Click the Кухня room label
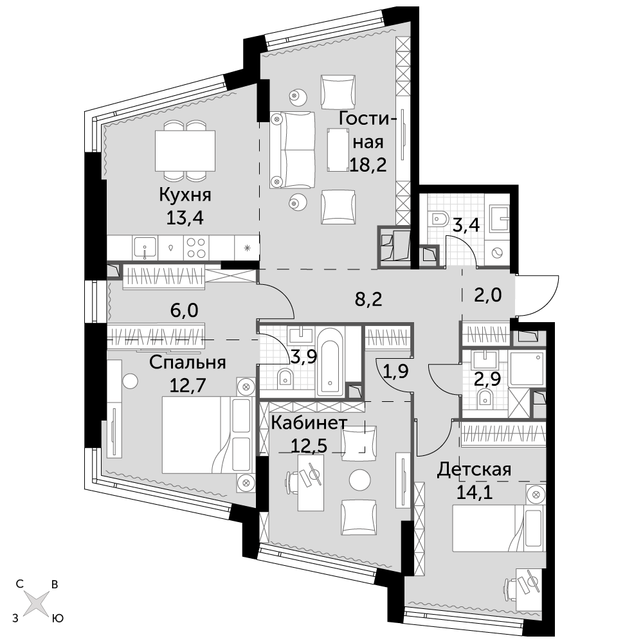pyautogui.click(x=185, y=195)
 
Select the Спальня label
pyautogui.click(x=187, y=363)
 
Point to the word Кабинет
pyautogui.click(x=309, y=423)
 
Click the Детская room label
pyautogui.click(x=474, y=469)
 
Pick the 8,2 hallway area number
pyautogui.click(x=368, y=300)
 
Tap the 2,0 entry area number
pyautogui.click(x=488, y=295)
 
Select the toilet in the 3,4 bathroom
pyautogui.click(x=438, y=219)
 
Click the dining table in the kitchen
pyautogui.click(x=185, y=151)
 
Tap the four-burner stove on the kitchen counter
pyautogui.click(x=196, y=248)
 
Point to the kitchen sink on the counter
pyautogui.click(x=144, y=248)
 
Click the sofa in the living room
pyautogui.click(x=293, y=150)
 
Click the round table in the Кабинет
pyautogui.click(x=360, y=479)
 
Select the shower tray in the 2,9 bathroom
pyautogui.click(x=527, y=368)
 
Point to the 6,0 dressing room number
pyautogui.click(x=184, y=311)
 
